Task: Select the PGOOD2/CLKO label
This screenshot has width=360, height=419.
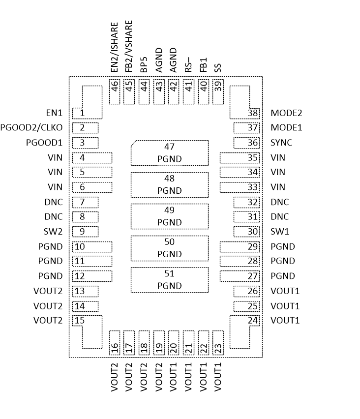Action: pos(31,128)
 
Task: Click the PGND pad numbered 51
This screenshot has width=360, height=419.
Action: pos(170,280)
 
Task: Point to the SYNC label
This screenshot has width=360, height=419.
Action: pos(281,143)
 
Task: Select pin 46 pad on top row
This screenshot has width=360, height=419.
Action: pos(115,91)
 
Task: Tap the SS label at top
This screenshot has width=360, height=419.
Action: pos(218,68)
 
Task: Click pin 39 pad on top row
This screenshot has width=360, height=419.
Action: pos(218,91)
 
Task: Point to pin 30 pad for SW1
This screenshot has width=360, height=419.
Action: pos(246,232)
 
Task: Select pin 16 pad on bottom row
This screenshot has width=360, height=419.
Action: pos(115,343)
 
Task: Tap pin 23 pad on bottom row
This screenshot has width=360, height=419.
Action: pos(218,343)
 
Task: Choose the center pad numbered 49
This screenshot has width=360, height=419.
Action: pos(170,216)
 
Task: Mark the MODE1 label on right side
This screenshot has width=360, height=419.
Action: pos(286,128)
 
